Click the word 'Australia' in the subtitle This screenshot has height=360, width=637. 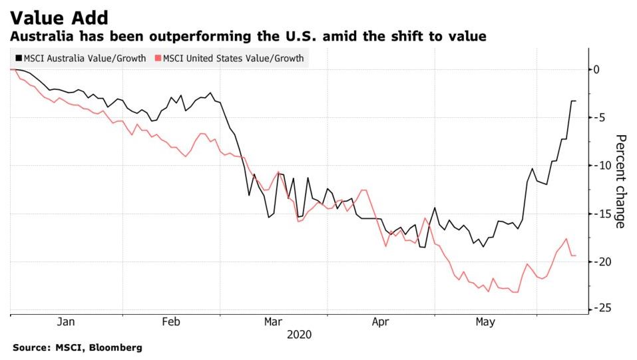42,37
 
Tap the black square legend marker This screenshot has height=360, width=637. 17,59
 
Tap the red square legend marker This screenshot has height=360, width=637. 157,59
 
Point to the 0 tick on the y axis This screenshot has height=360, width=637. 597,69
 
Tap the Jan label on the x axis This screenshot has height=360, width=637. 66,322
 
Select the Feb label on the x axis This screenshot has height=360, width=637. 171,322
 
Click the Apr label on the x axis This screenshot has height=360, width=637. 380,322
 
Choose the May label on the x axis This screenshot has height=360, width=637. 485,322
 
